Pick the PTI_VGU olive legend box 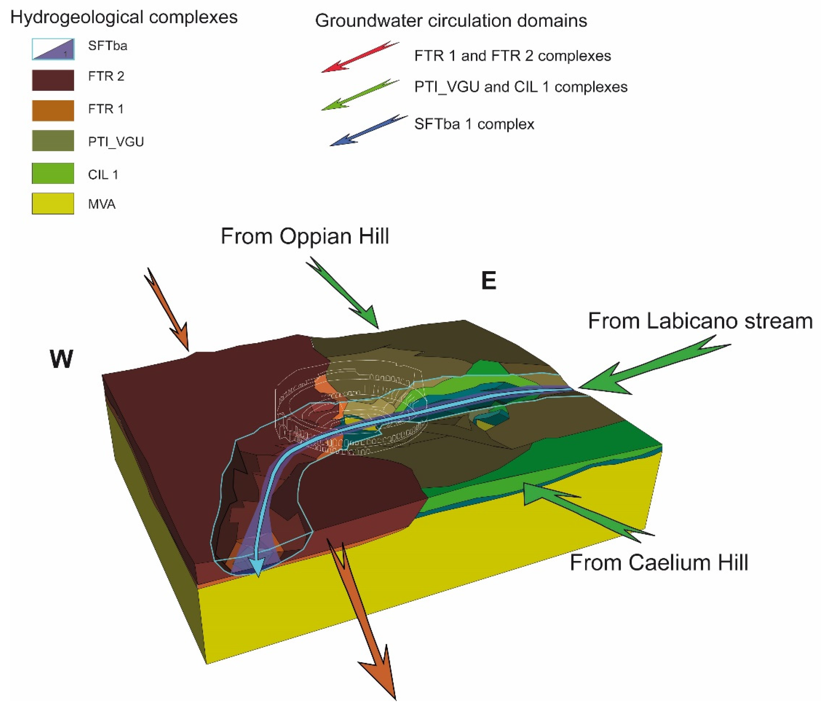[x=53, y=140]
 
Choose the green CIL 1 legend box [x=53, y=173]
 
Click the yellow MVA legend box [x=53, y=203]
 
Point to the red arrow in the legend [x=359, y=56]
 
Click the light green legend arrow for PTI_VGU [x=359, y=94]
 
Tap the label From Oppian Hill [x=305, y=236]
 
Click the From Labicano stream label [x=700, y=321]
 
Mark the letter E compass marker [x=488, y=281]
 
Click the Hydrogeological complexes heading [x=124, y=18]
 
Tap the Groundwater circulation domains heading [x=451, y=21]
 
